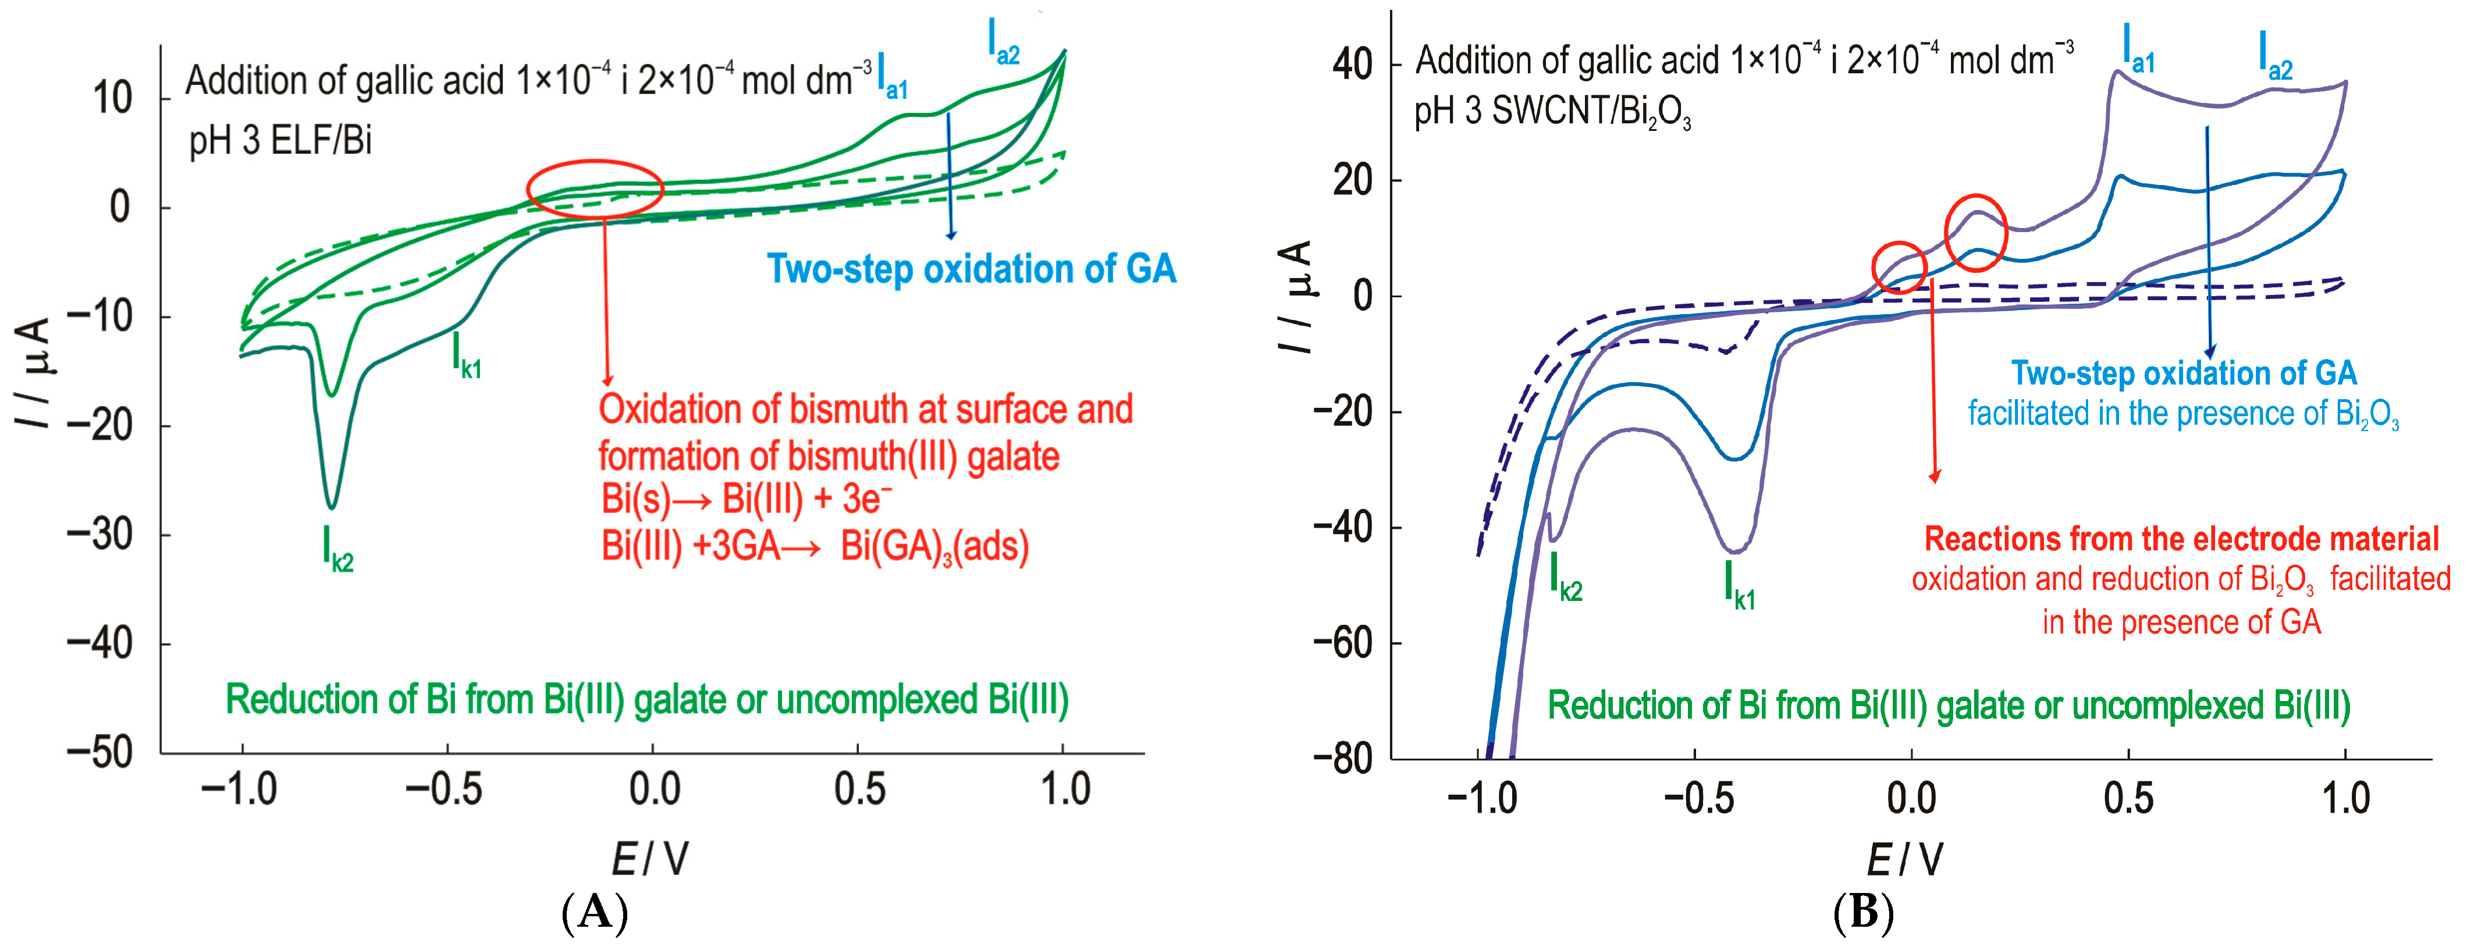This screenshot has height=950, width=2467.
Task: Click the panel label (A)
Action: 595,913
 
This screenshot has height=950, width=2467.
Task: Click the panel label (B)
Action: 1862,913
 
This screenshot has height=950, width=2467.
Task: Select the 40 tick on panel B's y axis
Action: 1352,65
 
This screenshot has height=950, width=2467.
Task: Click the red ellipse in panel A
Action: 595,188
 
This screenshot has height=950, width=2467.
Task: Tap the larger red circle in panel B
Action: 1975,233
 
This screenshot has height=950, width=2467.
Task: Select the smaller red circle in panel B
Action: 1899,268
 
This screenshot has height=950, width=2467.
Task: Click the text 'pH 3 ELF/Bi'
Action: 280,141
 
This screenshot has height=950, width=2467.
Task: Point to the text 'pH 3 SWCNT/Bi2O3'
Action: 1551,113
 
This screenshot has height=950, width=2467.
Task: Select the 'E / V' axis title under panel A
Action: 650,858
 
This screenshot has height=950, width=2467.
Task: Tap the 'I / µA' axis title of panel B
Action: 1295,296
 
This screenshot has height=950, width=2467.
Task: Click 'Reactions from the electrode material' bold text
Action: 2181,539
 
